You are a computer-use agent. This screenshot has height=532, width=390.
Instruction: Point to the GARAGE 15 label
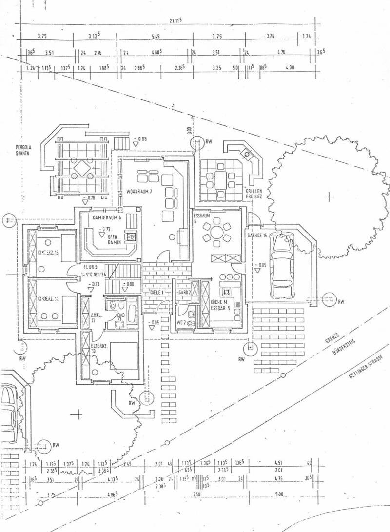(x=257, y=235)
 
